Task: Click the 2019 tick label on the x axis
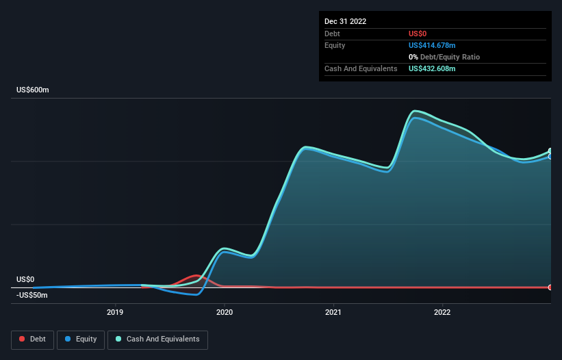point(115,313)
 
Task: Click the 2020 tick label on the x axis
point(225,313)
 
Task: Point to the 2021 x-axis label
point(333,313)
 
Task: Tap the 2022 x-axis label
point(442,313)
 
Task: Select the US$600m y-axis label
point(33,90)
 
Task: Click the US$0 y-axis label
point(25,279)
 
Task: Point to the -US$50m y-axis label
point(32,295)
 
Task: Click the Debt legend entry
point(34,339)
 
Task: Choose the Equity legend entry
point(81,339)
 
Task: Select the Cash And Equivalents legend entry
point(157,339)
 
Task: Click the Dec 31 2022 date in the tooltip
point(346,21)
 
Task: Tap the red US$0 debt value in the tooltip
point(418,34)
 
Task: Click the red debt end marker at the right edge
point(550,287)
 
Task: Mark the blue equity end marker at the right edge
point(550,157)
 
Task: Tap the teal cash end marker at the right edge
point(550,151)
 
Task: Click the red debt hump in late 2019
point(197,276)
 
